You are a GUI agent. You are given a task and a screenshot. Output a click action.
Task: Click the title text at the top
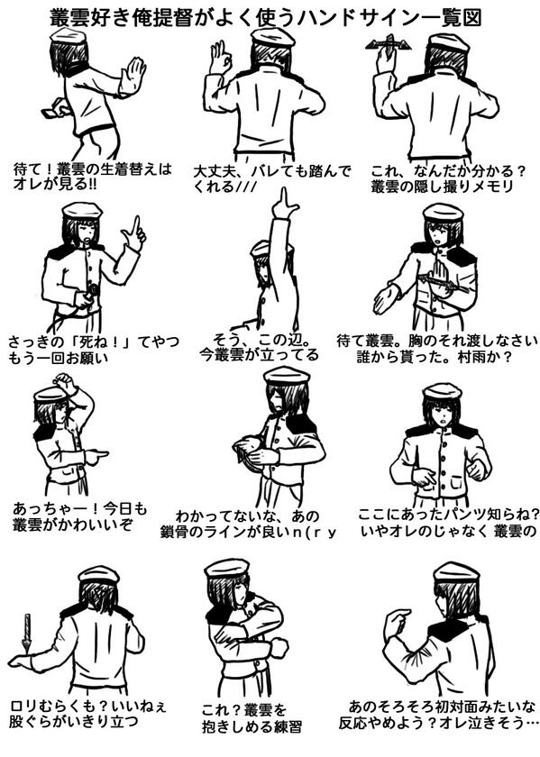pos(266,18)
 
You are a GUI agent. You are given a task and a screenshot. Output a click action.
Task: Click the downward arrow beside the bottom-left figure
pos(27,634)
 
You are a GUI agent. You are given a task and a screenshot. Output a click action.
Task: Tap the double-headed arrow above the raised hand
pos(389,44)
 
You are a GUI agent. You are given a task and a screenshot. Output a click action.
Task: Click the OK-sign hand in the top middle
pos(220,58)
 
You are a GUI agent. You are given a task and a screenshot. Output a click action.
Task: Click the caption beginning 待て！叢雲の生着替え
pos(93,177)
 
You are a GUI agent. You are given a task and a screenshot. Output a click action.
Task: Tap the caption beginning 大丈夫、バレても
pos(272,179)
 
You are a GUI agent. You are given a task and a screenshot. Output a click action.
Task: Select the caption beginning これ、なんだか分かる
pos(448,178)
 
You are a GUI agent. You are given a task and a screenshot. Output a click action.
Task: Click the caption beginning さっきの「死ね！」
pos(93,350)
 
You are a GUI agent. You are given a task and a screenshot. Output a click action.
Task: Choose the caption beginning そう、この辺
pos(260,347)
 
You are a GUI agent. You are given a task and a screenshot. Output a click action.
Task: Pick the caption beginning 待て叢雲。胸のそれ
pos(437,349)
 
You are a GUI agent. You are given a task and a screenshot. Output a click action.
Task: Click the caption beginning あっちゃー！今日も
pos(79,516)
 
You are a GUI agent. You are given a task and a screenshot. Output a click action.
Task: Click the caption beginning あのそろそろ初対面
pos(438,715)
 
